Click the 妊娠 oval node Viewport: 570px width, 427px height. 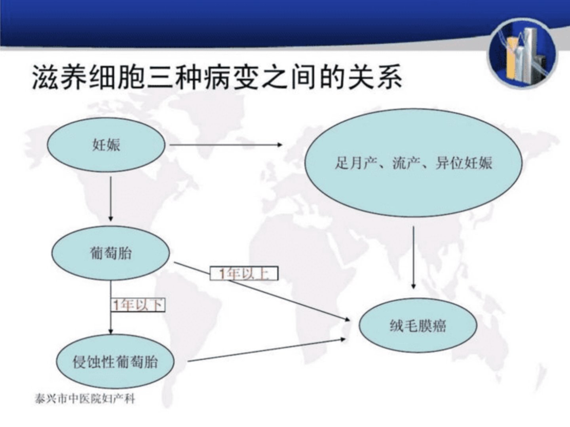pos(106,145)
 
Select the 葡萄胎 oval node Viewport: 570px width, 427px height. pos(110,253)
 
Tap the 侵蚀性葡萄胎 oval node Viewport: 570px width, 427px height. pos(115,361)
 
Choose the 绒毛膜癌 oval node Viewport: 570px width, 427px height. pos(418,326)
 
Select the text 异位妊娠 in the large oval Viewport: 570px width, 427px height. pos(464,163)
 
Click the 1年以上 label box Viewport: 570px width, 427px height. pos(244,273)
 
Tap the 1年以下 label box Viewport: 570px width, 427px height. pos(138,305)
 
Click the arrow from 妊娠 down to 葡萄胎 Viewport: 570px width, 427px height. pos(111,198)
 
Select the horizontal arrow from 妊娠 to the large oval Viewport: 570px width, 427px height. pos(226,145)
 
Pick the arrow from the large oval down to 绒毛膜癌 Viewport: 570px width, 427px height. pos(414,257)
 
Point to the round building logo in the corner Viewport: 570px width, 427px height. pos(523,54)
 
